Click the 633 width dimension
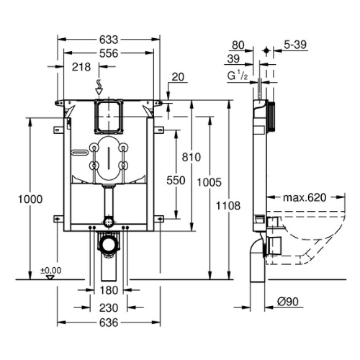click(109, 40)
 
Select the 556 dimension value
click(109, 53)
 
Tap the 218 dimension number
click(81, 67)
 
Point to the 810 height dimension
click(192, 158)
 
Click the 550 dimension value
click(176, 181)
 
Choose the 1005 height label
click(210, 182)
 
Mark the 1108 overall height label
click(228, 206)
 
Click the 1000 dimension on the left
click(30, 199)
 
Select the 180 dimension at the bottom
click(109, 290)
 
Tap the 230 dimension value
click(109, 307)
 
